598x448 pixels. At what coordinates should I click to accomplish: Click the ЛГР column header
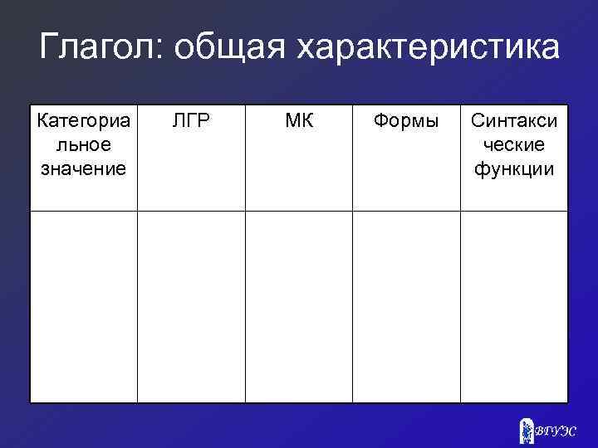click(191, 121)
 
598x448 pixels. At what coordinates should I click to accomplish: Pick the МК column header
click(299, 121)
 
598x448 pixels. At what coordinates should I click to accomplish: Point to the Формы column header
click(406, 121)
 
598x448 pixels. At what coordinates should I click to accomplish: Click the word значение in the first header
click(84, 169)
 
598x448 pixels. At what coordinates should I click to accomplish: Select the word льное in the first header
click(84, 145)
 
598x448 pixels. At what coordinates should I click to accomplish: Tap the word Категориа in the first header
click(84, 121)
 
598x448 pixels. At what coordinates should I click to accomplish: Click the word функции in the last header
click(514, 169)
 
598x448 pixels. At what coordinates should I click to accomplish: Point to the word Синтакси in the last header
click(514, 121)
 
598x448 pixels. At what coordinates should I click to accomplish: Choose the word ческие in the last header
click(514, 145)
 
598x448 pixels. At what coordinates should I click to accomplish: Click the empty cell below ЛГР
click(191, 307)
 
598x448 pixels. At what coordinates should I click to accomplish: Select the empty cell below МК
click(299, 307)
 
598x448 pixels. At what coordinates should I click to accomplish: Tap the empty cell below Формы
click(406, 307)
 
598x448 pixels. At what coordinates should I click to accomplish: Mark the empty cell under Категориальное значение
click(84, 307)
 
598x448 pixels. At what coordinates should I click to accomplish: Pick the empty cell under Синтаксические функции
click(514, 307)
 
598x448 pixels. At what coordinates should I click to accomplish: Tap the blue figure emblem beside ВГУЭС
click(526, 430)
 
